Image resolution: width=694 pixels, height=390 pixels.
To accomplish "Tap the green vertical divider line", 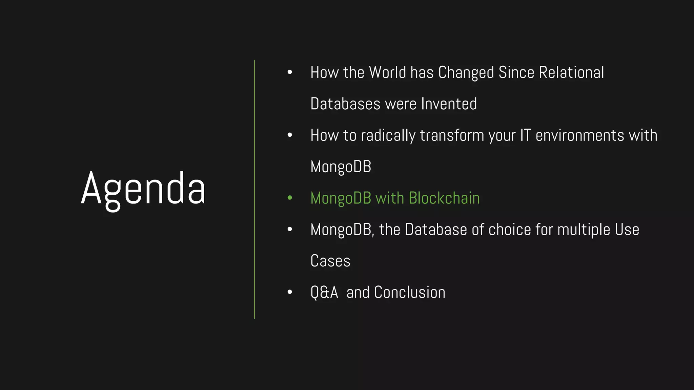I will pos(254,190).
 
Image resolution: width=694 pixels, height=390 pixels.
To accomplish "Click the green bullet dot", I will pos(290,198).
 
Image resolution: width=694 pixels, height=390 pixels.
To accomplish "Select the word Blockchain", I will pos(444,198).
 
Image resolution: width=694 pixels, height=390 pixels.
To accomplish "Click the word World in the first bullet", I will pos(387,72).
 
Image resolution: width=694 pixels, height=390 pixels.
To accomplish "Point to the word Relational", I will pos(571,72).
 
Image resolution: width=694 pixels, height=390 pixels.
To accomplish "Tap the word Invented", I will pos(449,104).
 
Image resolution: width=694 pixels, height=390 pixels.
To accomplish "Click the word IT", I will pos(525,135).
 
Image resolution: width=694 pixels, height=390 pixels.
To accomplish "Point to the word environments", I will pos(580,135).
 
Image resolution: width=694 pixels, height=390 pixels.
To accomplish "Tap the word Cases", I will pos(330,261).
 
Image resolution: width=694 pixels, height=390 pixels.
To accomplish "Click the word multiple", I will pos(584,230).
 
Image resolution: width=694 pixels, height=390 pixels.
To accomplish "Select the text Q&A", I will pos(324,292).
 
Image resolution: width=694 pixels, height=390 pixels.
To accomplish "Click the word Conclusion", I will pos(409,292).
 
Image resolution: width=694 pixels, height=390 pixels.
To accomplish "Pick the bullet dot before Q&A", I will pos(290,292).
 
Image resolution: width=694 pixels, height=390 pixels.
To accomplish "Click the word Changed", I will pos(466,72).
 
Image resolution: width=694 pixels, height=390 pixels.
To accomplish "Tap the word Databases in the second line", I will pos(345,104).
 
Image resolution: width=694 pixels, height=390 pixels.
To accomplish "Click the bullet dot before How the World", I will pos(290,72).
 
